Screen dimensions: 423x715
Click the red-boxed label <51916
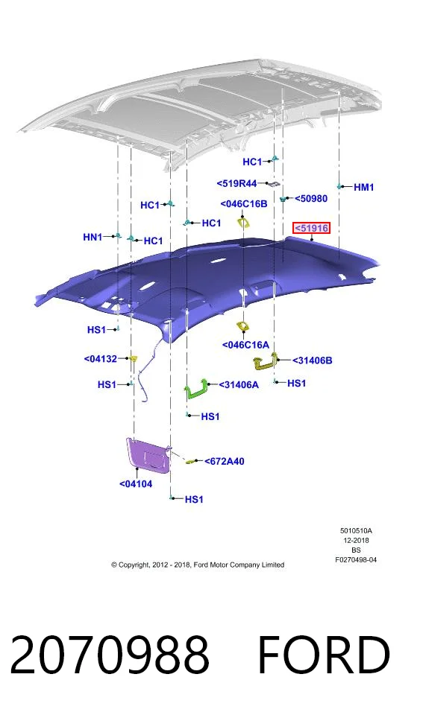pos(311,228)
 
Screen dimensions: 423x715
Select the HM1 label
pos(363,187)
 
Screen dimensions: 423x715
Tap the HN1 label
pos(93,237)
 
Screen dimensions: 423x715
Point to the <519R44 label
pos(236,183)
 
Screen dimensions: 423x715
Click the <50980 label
pos(311,198)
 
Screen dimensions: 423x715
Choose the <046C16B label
pos(244,204)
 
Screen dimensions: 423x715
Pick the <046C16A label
pos(245,345)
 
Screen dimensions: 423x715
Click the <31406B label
pos(312,360)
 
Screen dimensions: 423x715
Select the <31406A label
pos(239,385)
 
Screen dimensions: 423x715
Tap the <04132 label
pos(101,359)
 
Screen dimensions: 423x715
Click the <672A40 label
pos(225,462)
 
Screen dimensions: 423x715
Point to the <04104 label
pos(136,484)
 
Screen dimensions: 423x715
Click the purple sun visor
pos(148,454)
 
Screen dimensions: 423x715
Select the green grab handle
pos(198,389)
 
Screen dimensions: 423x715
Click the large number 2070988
pos(110,655)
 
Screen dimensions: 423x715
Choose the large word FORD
pos(324,655)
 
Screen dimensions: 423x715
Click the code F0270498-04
pos(356,559)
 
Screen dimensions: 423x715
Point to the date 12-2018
pos(357,541)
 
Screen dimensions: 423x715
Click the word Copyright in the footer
pos(133,565)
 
